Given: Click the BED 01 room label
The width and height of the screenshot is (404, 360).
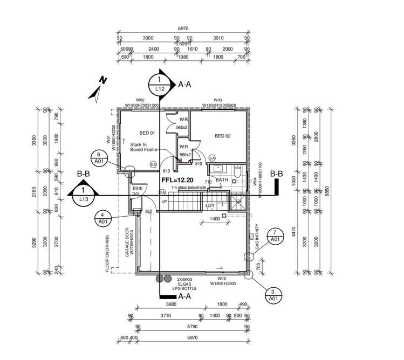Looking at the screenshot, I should click(x=147, y=133).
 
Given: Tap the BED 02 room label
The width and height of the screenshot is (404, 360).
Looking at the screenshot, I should click(x=222, y=136).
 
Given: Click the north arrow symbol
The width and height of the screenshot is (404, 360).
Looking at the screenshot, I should click(x=98, y=88).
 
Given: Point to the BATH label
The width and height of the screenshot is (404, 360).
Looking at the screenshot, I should click(x=222, y=180).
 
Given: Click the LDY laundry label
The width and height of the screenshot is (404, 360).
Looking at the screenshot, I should click(x=210, y=205).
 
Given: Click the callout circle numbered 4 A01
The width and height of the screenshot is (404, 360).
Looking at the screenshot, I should click(x=102, y=218).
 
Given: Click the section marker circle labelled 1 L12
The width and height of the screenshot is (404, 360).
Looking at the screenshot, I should click(x=160, y=84).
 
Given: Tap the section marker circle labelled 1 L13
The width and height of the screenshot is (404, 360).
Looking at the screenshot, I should click(x=84, y=195).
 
